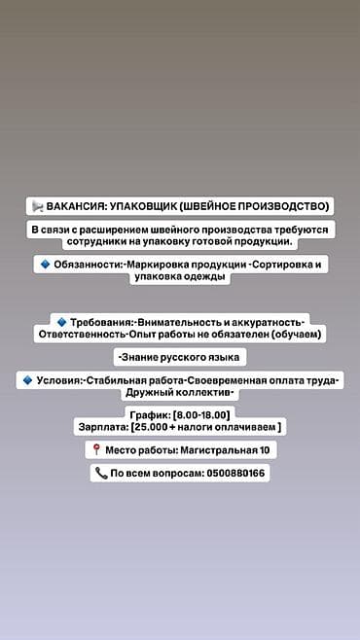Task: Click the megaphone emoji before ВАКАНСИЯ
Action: (x=37, y=206)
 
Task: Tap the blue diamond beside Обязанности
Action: (x=45, y=264)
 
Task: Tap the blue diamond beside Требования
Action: (x=61, y=321)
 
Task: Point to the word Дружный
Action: (x=146, y=393)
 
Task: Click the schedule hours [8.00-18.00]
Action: (x=200, y=414)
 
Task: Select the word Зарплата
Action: (x=101, y=427)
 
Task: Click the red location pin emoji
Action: (x=96, y=450)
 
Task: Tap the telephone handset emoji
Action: (x=100, y=474)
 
